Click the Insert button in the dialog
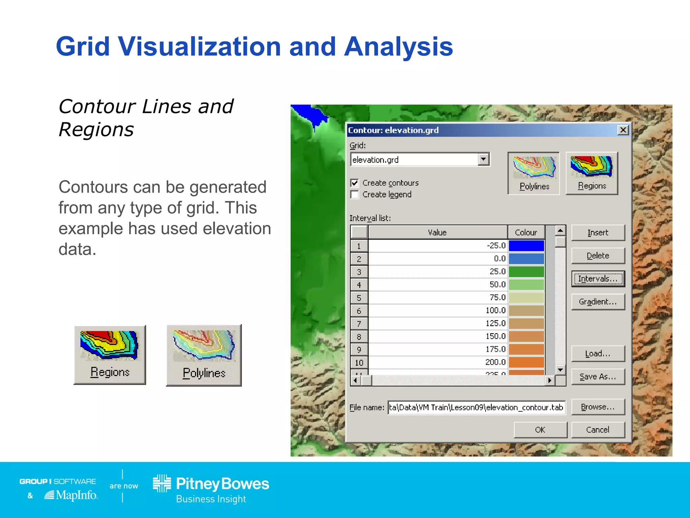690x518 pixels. click(598, 233)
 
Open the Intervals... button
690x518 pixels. click(598, 279)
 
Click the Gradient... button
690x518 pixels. click(598, 302)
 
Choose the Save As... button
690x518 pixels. click(598, 377)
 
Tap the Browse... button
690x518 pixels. click(598, 407)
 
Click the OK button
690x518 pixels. click(540, 430)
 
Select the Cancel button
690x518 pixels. click(598, 430)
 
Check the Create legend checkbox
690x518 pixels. click(354, 195)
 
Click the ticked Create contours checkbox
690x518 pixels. click(354, 183)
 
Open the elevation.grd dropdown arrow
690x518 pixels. click(483, 159)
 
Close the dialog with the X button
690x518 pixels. click(623, 130)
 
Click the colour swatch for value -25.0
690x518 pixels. click(526, 246)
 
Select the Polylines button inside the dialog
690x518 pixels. click(534, 173)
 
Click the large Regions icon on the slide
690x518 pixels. click(110, 354)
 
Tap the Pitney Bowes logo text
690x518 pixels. click(222, 484)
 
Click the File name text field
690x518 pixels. click(476, 407)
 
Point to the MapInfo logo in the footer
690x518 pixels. click(71, 495)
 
